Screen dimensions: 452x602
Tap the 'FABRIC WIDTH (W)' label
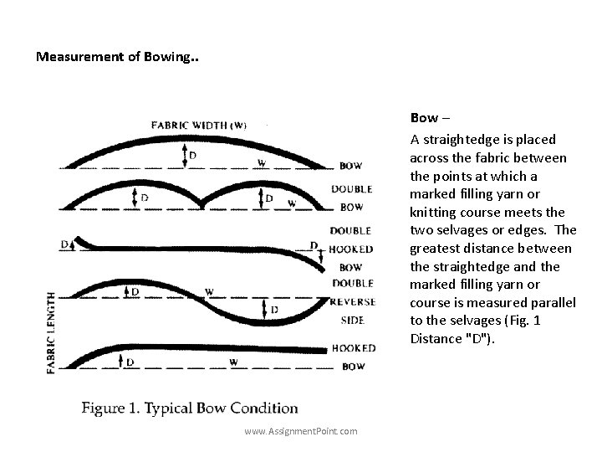pyautogui.click(x=198, y=126)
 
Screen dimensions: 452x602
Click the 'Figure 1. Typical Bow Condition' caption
pyautogui.click(x=190, y=408)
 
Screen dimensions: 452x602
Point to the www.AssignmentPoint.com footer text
pyautogui.click(x=301, y=431)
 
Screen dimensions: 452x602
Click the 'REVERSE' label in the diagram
pyautogui.click(x=351, y=301)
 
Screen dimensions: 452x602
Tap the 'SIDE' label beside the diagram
pyautogui.click(x=351, y=320)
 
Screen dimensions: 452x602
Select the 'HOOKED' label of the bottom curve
pyautogui.click(x=353, y=348)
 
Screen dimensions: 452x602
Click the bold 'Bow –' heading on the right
pyautogui.click(x=432, y=118)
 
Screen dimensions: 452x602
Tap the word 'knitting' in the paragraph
pyautogui.click(x=435, y=212)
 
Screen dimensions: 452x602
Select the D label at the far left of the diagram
pyautogui.click(x=64, y=244)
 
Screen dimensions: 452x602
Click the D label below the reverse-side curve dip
pyautogui.click(x=275, y=311)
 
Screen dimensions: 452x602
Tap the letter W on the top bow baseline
pyautogui.click(x=262, y=162)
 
